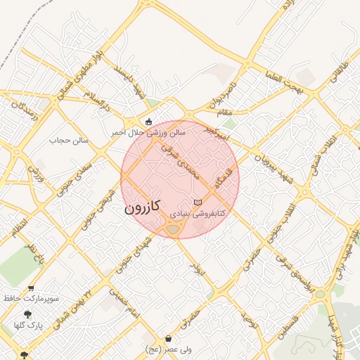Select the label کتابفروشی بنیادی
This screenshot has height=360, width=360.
click(x=198, y=212)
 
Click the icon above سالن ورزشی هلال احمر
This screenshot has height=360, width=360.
click(x=149, y=121)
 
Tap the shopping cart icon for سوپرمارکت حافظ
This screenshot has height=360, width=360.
click(x=31, y=288)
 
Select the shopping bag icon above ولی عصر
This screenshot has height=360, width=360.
click(x=169, y=339)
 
